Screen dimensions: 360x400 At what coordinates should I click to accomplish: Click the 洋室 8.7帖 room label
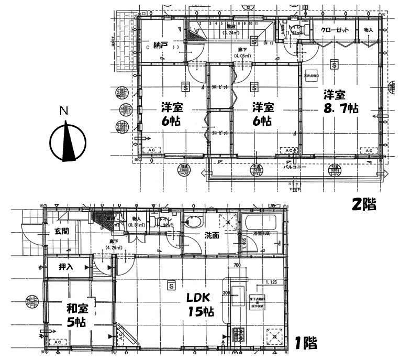tap(340, 102)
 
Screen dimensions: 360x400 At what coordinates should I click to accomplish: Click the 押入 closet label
tap(66, 267)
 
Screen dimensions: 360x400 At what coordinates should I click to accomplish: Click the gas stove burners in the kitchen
tap(239, 334)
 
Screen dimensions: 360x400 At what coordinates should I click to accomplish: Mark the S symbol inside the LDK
tap(171, 286)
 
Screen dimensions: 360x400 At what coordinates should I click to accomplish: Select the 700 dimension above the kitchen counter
tap(237, 266)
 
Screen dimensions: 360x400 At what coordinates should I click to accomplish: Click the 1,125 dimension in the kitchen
tap(271, 283)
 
